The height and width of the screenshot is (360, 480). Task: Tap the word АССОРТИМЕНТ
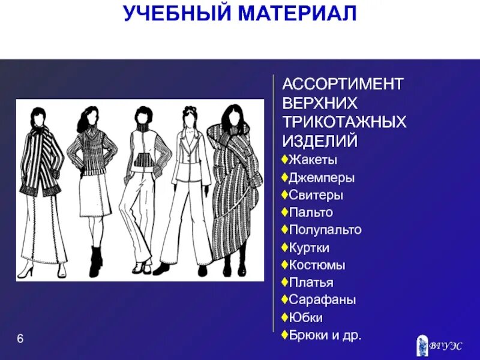point(343,84)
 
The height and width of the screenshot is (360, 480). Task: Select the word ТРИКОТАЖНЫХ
point(344,122)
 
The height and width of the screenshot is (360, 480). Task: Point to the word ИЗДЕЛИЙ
point(320,142)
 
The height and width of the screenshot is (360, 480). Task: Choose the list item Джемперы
point(321,178)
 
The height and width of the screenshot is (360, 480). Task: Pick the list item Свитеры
point(315,195)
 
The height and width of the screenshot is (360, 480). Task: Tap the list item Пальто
point(311,212)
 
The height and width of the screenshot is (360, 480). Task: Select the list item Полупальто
point(325,230)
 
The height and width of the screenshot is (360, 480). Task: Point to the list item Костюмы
point(317,265)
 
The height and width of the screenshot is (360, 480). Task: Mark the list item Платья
point(311,282)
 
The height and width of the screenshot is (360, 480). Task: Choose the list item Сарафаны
point(322,299)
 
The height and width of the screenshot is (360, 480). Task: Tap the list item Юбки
point(305,317)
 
